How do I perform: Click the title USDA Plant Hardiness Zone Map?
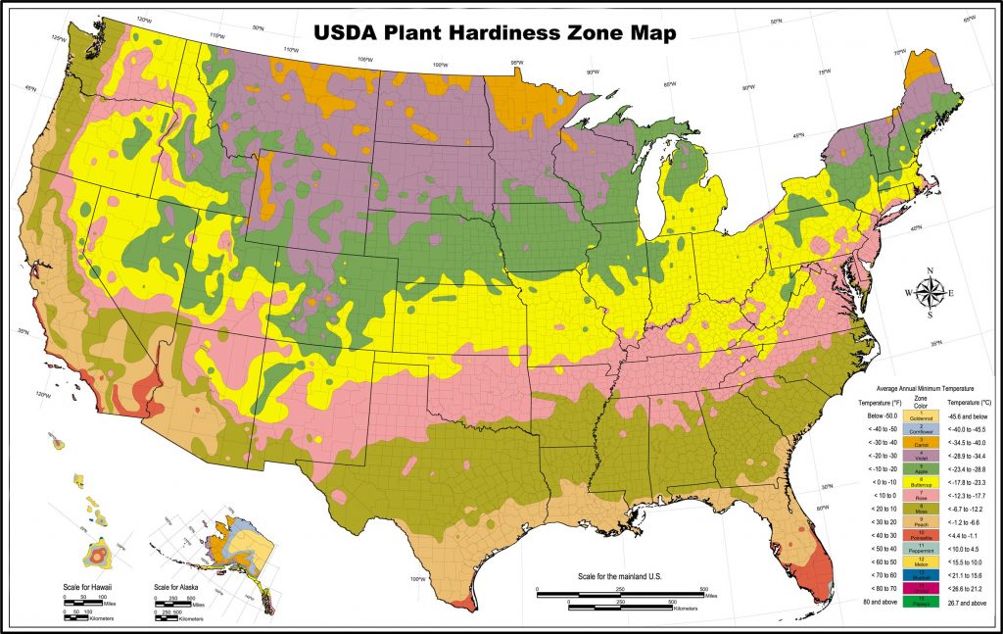click(x=495, y=32)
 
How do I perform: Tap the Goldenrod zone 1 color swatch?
click(x=920, y=415)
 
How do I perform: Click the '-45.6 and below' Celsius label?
click(x=968, y=415)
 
